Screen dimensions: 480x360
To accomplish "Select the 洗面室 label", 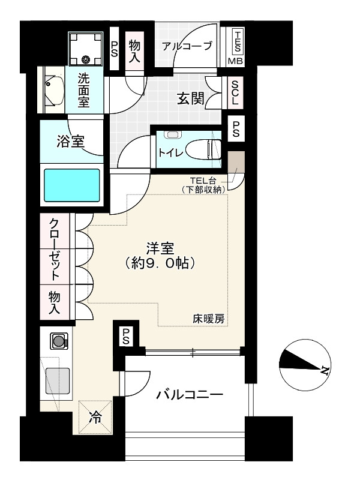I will (84, 90).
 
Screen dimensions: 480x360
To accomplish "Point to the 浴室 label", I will (70, 142).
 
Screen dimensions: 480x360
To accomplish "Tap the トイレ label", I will (170, 152).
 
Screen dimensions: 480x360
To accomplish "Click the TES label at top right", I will (238, 40).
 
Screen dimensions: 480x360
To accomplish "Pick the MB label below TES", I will (235, 61).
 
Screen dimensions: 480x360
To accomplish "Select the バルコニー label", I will (190, 395).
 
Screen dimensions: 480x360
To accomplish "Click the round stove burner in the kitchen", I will (59, 342).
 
